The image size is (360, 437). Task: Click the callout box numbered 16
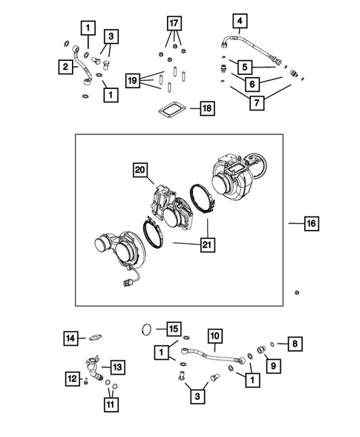tap(312, 221)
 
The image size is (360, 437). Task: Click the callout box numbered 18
tap(206, 109)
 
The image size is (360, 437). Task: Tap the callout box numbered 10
tap(215, 335)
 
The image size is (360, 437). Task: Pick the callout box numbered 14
tap(69, 338)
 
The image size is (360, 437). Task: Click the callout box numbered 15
tap(172, 328)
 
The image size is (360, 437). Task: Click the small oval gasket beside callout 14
tap(95, 339)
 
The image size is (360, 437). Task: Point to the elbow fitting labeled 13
tap(94, 367)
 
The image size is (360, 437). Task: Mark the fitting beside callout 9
tap(261, 351)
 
